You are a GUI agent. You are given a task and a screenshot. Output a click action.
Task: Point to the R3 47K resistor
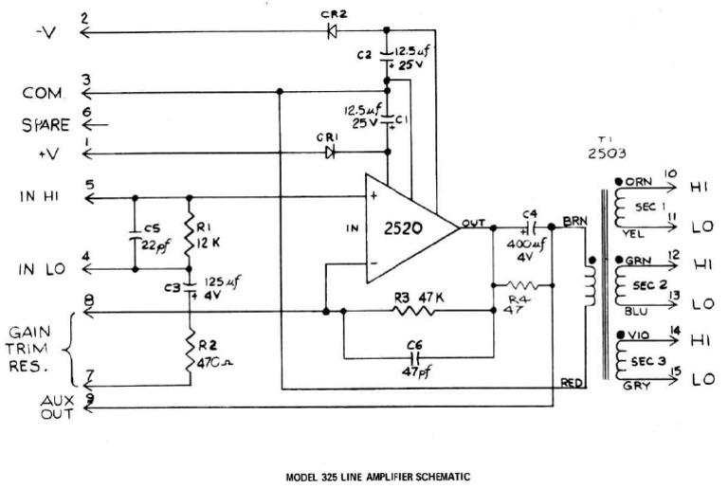click(x=418, y=311)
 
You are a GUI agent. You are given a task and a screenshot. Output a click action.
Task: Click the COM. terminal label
click(x=44, y=93)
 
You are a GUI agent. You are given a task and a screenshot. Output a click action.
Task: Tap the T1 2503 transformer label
click(x=604, y=148)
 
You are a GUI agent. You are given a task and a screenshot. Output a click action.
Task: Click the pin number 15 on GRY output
click(x=675, y=371)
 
